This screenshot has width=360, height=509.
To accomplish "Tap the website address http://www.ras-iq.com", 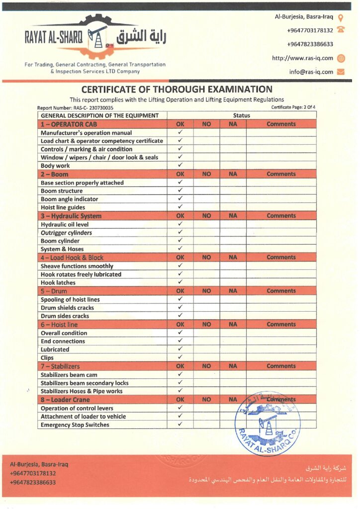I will [x=302, y=58].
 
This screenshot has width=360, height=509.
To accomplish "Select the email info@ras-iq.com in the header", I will [x=311, y=72].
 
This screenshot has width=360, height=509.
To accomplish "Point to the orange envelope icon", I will [x=341, y=72].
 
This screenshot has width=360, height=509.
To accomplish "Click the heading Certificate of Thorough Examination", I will [x=177, y=89].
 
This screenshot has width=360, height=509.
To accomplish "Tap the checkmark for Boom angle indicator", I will [x=180, y=199].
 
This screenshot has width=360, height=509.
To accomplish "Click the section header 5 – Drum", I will [x=54, y=291].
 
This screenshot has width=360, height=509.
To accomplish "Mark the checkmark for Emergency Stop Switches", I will [x=180, y=424].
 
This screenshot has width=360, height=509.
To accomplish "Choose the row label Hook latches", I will [x=58, y=282].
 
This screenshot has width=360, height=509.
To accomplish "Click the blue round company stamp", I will [x=268, y=423].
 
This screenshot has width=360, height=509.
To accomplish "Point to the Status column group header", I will [x=241, y=115].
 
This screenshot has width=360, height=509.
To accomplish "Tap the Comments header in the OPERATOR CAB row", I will [x=281, y=124].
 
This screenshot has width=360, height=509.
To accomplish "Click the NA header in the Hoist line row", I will [x=233, y=325].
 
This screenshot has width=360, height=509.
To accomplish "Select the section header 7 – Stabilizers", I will [x=60, y=366].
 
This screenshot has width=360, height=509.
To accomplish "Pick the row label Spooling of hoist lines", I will [x=70, y=300].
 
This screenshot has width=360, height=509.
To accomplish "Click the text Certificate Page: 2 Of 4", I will [x=293, y=107].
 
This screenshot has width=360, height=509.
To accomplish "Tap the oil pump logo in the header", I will [x=97, y=38].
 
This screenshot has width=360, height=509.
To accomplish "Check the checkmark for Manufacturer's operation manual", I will [x=180, y=133].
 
